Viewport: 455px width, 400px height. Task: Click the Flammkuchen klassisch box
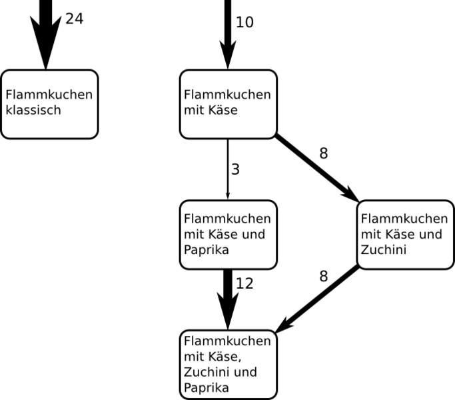pos(49,104)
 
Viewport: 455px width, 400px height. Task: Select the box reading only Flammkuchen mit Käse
pos(228,104)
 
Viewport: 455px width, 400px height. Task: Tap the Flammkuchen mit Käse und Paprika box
pos(228,235)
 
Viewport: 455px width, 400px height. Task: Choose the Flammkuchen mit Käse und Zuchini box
pos(405,235)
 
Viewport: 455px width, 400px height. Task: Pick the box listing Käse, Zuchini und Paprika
pos(228,365)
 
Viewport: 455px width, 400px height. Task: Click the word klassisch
pos(33,111)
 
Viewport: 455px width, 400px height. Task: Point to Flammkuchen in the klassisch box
pos(49,95)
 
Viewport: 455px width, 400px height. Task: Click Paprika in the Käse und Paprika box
pos(207,251)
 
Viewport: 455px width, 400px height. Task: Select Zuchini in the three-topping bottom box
pos(207,372)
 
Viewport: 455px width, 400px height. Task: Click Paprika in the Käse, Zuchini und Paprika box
pos(207,388)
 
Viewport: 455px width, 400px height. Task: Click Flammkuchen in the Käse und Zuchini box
pos(404,219)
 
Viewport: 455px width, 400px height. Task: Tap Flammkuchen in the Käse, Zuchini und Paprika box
pos(227,341)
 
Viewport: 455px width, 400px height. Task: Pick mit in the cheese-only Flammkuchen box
pos(194,111)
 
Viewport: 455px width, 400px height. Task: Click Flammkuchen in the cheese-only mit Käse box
pos(227,95)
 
